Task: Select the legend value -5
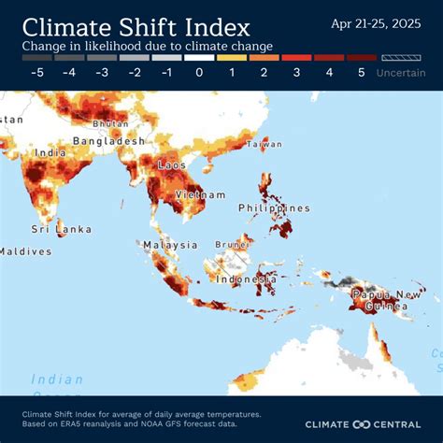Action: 37,72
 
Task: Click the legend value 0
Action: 199,72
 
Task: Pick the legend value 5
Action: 362,72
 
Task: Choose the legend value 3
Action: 296,72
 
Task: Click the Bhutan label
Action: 109,123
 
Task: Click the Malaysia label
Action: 170,245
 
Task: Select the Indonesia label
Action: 246,279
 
